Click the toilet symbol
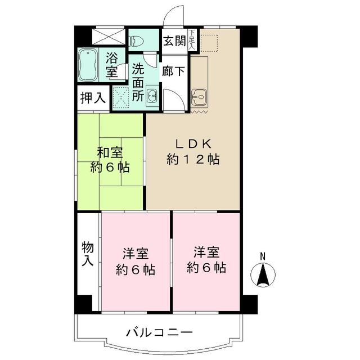[137, 40]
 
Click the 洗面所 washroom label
[138, 82]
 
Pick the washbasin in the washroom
[152, 97]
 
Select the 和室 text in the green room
[110, 152]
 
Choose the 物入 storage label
[88, 254]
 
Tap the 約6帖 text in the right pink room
[206, 268]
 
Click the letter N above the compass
[262, 257]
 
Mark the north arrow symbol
[262, 276]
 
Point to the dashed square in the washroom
[121, 96]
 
